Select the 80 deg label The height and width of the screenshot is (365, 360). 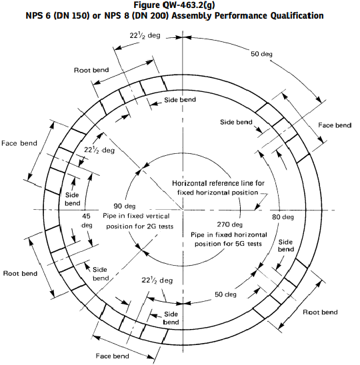click(283, 217)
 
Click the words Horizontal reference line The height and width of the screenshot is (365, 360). click(214, 183)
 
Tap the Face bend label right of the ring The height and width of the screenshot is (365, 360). click(334, 125)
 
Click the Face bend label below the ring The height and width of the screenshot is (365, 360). click(113, 356)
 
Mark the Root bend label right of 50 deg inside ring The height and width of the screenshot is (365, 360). click(320, 312)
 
